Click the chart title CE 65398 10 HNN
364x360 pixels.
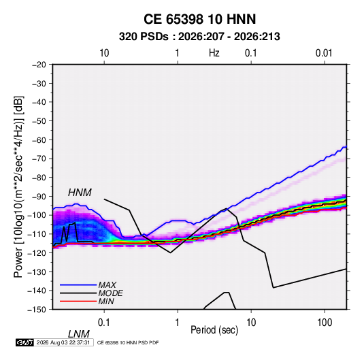[199, 19]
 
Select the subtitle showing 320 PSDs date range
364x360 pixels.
[199, 37]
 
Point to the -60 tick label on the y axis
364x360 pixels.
[39, 140]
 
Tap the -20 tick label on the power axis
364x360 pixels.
[39, 65]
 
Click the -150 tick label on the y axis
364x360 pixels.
[37, 310]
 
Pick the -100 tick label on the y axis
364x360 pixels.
[37, 215]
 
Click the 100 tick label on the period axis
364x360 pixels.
[325, 323]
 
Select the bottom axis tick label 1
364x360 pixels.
[178, 323]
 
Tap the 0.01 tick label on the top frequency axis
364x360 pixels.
[324, 53]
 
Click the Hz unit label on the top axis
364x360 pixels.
[214, 53]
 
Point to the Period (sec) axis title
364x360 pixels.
[214, 330]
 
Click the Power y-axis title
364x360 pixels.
[18, 186]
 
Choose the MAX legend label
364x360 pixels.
[107, 285]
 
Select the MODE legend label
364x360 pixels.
[110, 293]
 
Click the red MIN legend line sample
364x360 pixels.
[78, 301]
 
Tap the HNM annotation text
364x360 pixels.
[80, 193]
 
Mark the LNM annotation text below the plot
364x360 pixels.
[78, 334]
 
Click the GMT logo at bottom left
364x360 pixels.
[24, 342]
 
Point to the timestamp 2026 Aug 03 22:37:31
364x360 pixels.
[63, 342]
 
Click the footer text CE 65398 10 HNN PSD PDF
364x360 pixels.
[128, 342]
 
